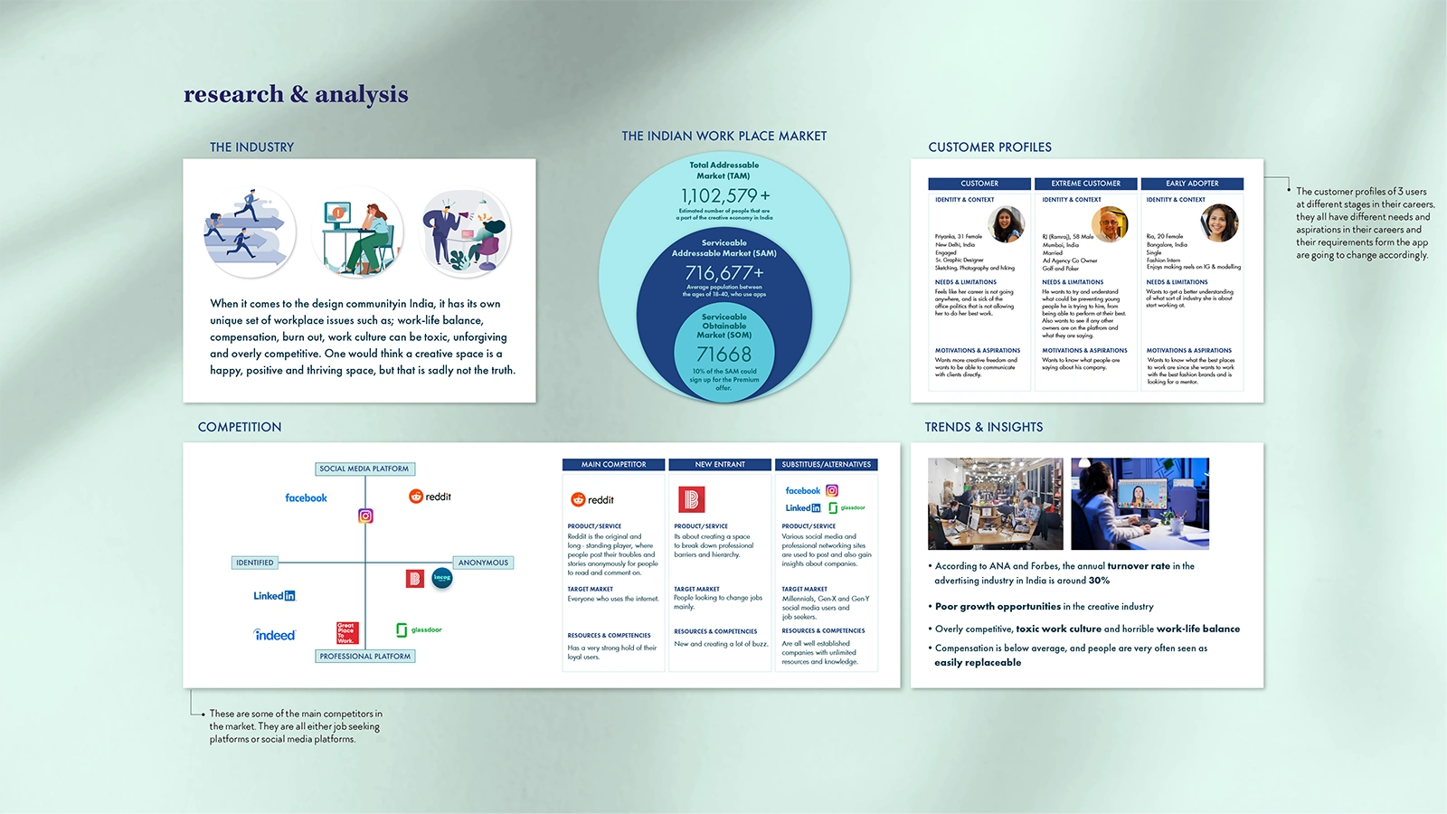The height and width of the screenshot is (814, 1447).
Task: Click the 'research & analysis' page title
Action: click(x=296, y=94)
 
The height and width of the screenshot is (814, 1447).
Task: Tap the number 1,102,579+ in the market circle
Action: click(x=725, y=195)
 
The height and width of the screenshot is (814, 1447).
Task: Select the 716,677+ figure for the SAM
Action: click(x=724, y=272)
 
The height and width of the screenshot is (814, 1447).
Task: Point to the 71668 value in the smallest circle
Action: click(x=723, y=354)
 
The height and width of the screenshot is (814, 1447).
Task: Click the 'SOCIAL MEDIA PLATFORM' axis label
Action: click(x=364, y=469)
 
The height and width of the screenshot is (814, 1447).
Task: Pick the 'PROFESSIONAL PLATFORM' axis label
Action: click(x=365, y=656)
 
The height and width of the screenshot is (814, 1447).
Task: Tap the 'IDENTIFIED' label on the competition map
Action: click(x=254, y=563)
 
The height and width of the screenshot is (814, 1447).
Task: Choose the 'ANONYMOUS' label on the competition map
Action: click(x=483, y=563)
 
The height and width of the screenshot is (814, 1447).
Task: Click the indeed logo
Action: click(x=275, y=635)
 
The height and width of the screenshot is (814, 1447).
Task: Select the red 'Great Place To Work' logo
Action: click(x=347, y=632)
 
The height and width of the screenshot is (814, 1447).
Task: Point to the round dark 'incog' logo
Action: click(x=442, y=578)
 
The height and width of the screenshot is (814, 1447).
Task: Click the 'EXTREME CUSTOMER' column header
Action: click(x=1085, y=184)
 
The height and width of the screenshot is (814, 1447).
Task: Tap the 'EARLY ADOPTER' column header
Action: click(x=1192, y=184)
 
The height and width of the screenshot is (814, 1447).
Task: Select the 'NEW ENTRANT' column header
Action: click(x=720, y=465)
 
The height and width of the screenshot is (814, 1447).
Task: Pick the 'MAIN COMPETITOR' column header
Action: click(x=613, y=465)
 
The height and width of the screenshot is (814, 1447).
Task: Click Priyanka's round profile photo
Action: click(x=1006, y=223)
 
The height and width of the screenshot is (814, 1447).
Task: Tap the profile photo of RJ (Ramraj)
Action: click(x=1110, y=223)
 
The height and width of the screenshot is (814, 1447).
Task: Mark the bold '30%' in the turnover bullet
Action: click(x=1099, y=581)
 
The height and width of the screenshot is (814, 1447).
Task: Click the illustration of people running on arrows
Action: click(x=249, y=232)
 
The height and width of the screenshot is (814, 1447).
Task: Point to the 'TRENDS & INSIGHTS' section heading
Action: click(x=983, y=427)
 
